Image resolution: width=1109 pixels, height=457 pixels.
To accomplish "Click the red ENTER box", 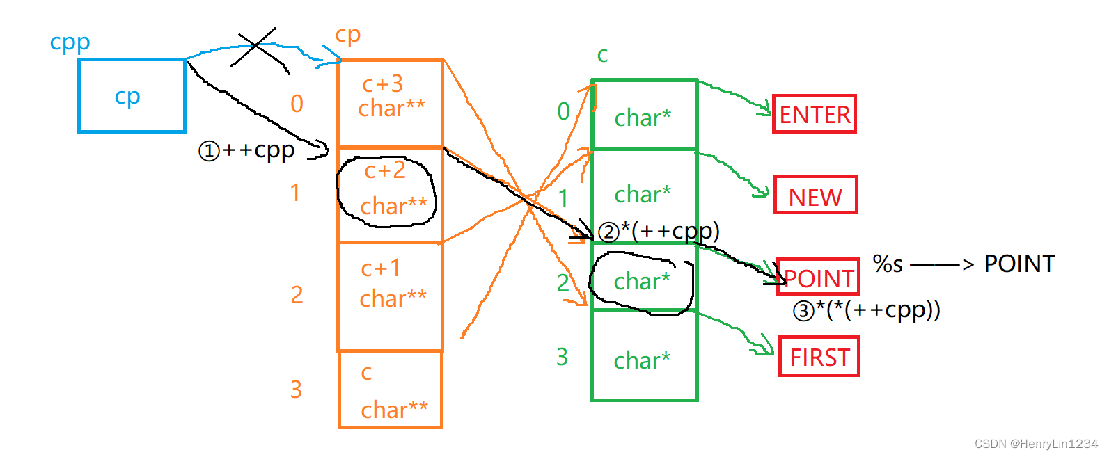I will tap(814, 114).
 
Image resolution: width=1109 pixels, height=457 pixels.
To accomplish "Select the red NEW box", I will tap(815, 195).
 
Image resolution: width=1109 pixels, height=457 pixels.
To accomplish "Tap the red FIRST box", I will tap(819, 357).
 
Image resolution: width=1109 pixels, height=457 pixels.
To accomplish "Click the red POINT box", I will tap(819, 278).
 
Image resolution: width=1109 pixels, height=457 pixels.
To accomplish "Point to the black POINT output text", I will tap(1018, 264).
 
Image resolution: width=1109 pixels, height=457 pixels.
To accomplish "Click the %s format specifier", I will tap(888, 264).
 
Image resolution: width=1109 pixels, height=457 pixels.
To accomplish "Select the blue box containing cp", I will tap(132, 96).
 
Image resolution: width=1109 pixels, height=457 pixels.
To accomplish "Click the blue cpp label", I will tap(70, 42).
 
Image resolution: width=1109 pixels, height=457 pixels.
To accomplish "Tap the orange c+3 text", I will tap(382, 84).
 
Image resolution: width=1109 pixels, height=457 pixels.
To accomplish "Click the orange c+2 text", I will tap(384, 170).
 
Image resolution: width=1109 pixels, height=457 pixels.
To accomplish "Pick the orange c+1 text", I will tap(380, 268).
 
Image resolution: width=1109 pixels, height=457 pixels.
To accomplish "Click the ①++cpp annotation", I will tap(246, 150).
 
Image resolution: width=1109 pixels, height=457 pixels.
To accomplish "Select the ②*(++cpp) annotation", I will tap(659, 231).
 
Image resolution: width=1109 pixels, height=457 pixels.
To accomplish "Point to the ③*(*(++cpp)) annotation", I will tap(867, 310).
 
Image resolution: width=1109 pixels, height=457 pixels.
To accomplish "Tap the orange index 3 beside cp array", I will tap(296, 390).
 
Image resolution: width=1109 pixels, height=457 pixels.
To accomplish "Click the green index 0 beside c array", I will tap(563, 111).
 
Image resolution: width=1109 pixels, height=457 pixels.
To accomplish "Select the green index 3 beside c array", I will tap(562, 357).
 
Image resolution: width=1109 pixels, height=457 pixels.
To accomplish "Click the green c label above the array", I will tap(602, 55).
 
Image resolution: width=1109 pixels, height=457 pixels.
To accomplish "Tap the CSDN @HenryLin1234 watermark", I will tap(1035, 444).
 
